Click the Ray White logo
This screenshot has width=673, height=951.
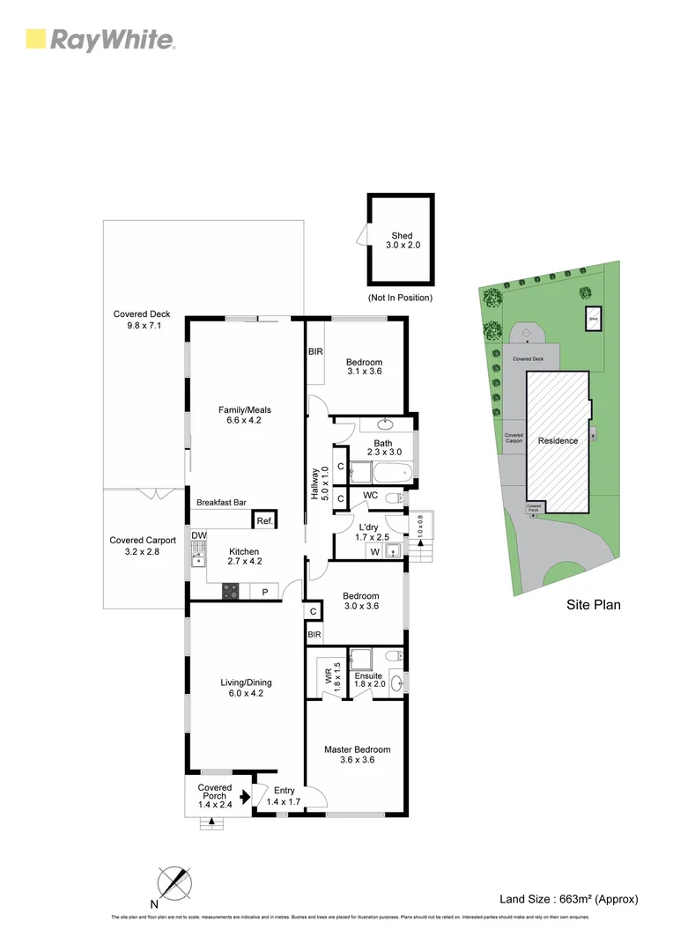(x=100, y=40)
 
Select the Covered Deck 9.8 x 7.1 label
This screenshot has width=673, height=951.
(x=142, y=320)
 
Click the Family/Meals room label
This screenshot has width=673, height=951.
(x=240, y=414)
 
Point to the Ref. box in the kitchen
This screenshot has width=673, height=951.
(x=264, y=520)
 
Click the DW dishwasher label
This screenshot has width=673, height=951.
(x=198, y=535)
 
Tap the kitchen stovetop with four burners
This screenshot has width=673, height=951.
(x=231, y=592)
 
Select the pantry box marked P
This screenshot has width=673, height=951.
(x=264, y=592)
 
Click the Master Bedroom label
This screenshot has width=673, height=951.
(x=357, y=755)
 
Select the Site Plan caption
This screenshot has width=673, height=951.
(x=593, y=605)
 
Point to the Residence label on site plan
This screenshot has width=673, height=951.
(x=558, y=440)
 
